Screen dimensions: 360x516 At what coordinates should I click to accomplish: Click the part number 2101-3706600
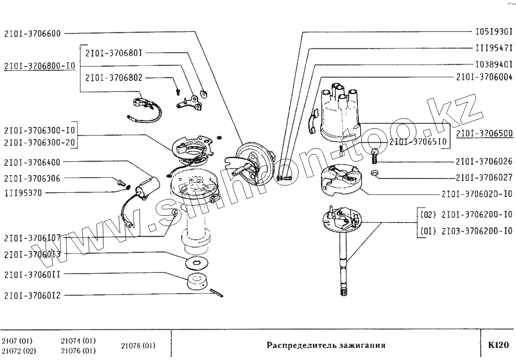(32, 34)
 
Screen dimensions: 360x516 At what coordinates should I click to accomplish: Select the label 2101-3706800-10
(39, 66)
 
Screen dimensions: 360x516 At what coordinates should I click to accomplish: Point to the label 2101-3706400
(32, 163)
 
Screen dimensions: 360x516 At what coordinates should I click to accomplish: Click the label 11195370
(23, 193)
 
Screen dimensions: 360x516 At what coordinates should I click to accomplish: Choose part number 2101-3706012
(32, 295)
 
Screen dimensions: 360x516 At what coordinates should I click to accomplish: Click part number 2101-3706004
(484, 77)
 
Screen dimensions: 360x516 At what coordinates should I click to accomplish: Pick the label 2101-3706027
(484, 178)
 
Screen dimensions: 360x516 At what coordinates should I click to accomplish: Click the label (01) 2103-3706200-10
(465, 231)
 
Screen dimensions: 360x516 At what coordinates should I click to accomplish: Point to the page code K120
(498, 345)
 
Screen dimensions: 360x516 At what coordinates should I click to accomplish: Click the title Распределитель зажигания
(326, 346)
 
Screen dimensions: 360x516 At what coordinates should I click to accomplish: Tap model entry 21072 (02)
(18, 351)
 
